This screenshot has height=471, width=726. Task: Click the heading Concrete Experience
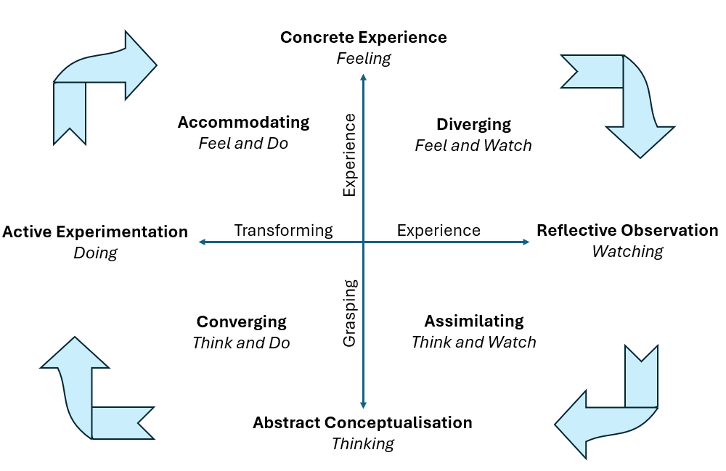[364, 37]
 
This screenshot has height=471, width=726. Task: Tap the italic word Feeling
[364, 58]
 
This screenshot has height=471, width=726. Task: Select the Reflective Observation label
[627, 231]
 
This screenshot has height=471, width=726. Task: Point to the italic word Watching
[627, 252]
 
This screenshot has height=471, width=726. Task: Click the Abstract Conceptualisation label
[362, 422]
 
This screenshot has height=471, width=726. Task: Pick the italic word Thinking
[362, 443]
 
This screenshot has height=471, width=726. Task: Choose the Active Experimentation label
[95, 232]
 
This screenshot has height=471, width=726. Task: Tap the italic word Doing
[95, 253]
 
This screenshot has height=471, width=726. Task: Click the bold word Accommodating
[243, 123]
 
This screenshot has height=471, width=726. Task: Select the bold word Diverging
[473, 124]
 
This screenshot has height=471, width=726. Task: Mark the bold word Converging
[241, 321]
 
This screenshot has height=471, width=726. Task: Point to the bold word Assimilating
[473, 321]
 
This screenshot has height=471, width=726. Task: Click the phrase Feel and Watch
[473, 145]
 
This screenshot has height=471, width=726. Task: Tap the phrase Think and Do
[241, 343]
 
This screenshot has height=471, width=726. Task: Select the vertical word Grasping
[350, 313]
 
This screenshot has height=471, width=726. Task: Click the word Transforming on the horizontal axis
[283, 231]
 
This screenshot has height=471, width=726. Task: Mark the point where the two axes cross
[364, 242]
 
